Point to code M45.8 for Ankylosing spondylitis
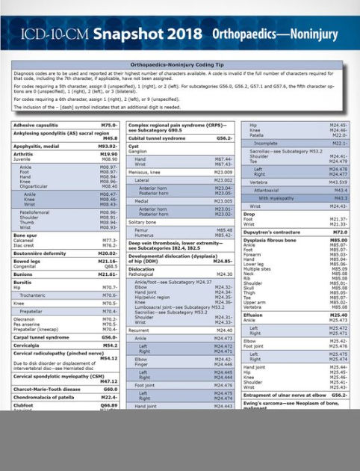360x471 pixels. (x=110, y=138)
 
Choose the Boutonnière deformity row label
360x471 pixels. (x=40, y=253)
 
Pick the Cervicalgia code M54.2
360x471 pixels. (x=110, y=345)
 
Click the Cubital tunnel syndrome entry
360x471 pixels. (x=157, y=138)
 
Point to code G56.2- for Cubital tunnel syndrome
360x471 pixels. (x=224, y=138)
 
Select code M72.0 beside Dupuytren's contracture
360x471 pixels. (x=340, y=233)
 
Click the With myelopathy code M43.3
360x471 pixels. (x=340, y=198)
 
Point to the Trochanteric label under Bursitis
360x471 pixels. (x=34, y=295)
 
